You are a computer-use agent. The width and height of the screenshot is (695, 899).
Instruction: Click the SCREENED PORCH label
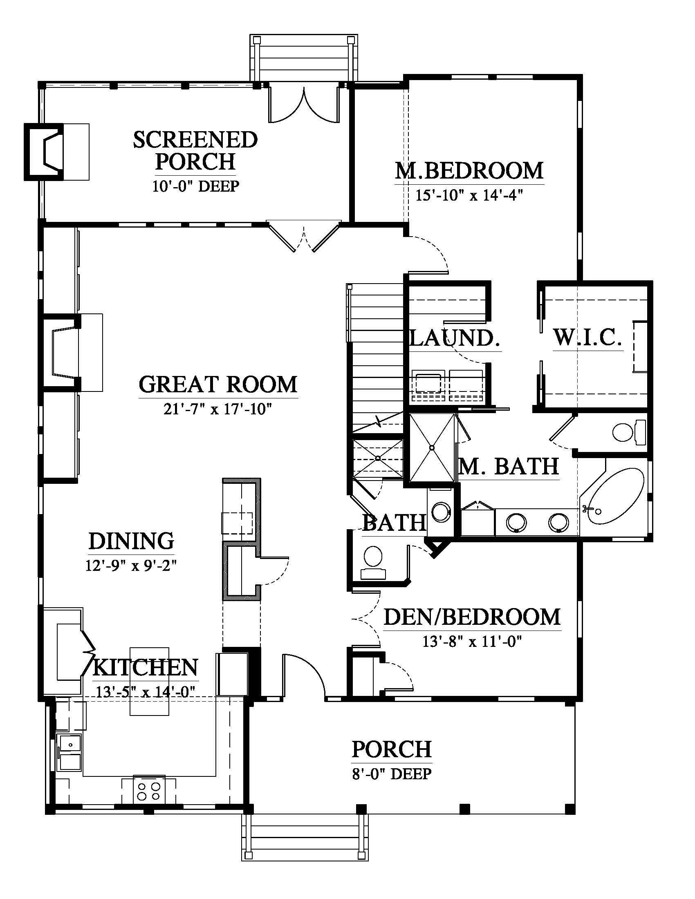(x=195, y=151)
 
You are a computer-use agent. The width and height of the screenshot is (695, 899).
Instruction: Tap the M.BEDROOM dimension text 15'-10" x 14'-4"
(x=469, y=195)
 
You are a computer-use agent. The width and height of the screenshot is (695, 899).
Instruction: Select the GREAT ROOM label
(x=218, y=385)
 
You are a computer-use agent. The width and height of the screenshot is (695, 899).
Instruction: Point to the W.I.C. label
(x=587, y=337)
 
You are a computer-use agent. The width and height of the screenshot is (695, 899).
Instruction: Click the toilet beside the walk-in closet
(x=629, y=432)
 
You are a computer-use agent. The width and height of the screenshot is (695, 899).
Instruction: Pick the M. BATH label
(x=509, y=466)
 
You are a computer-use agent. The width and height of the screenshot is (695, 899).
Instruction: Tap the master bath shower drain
(x=432, y=447)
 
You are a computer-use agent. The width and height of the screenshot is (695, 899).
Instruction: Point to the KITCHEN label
(x=146, y=667)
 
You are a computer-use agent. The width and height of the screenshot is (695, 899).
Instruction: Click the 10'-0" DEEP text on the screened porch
(x=195, y=186)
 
